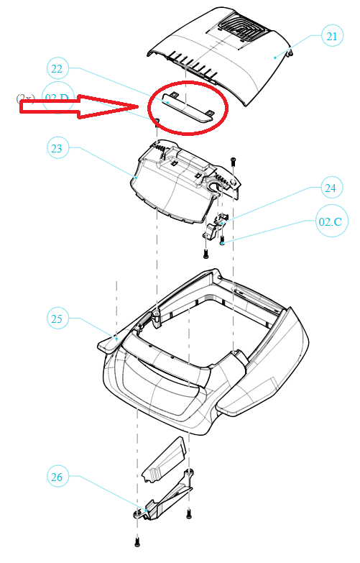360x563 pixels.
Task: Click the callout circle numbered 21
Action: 332,36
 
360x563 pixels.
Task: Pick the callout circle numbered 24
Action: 330,188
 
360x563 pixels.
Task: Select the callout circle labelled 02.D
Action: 57,99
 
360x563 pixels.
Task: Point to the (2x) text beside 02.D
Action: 26,98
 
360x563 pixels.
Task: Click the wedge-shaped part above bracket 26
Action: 165,460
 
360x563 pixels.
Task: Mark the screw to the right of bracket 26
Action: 188,513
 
